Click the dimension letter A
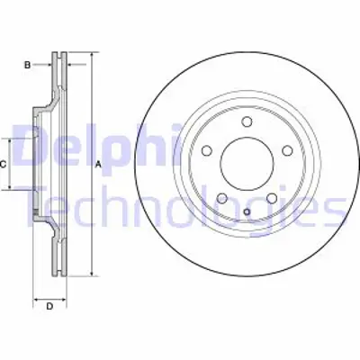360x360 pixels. (98, 164)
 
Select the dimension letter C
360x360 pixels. (4, 164)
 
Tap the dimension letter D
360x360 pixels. (50, 307)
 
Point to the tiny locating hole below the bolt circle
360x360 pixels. (245, 212)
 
